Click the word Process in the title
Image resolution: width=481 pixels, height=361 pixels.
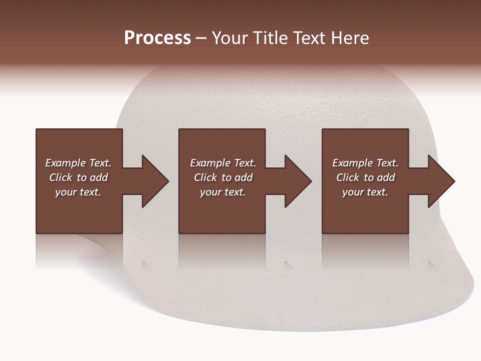(157, 38)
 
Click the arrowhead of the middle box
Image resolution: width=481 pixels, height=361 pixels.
(298, 181)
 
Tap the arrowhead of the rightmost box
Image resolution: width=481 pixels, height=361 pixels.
(441, 181)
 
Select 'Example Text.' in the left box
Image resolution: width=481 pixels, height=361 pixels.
(78, 163)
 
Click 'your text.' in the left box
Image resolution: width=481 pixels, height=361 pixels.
(78, 192)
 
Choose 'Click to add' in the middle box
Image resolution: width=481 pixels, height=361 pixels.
(223, 177)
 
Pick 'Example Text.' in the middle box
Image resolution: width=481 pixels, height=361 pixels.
(223, 163)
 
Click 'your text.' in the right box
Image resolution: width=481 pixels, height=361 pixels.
(365, 192)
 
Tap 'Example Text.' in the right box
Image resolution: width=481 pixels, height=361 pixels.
(365, 163)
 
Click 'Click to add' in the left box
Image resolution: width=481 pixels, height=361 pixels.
(78, 177)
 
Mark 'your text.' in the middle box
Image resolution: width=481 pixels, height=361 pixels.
(223, 192)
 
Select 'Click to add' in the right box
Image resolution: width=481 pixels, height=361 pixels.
(365, 177)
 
